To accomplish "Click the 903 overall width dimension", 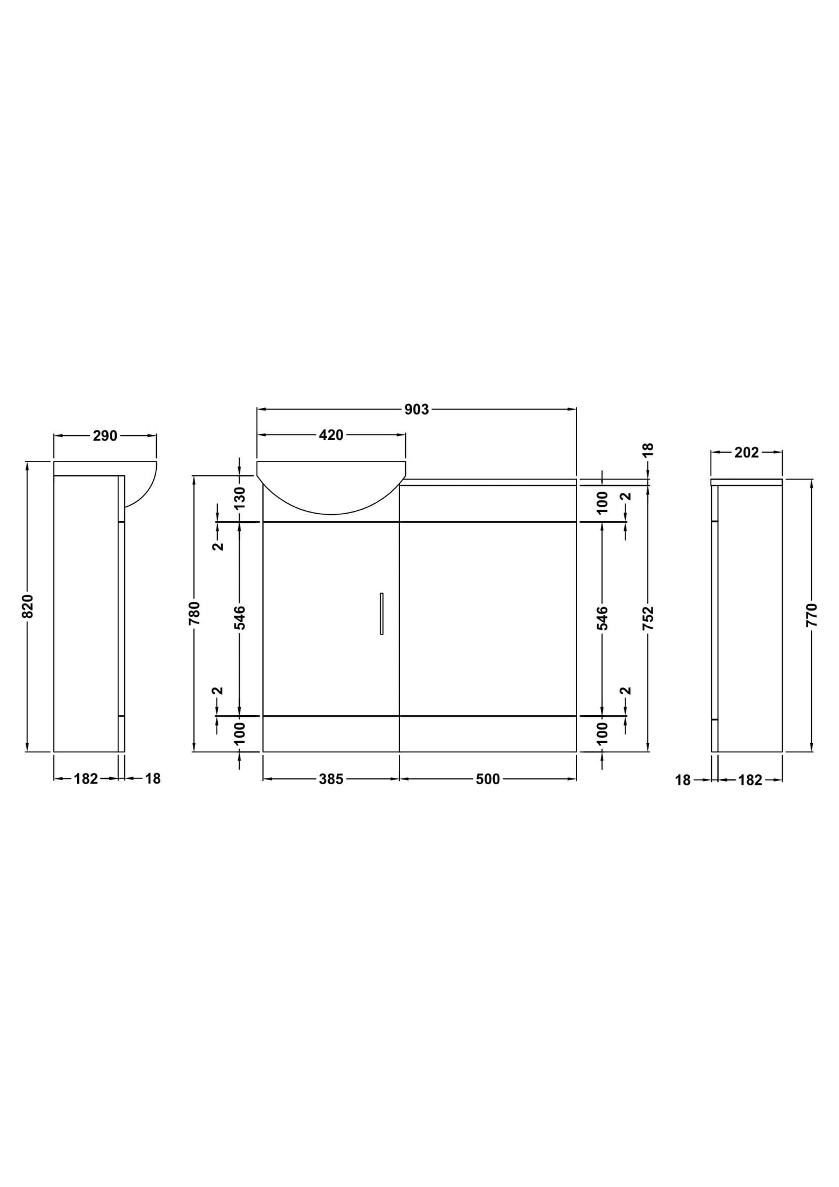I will coord(416,410).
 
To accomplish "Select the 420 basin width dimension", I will coord(331,435).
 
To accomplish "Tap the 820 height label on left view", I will coord(28,606).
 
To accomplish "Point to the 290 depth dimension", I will coord(105,436).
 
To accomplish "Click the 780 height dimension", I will coord(195,613).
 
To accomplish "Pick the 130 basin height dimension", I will coord(240,498).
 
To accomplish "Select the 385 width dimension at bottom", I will coord(331,780).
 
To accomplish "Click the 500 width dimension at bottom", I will coord(488,780).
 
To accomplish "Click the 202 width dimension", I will coord(747,453).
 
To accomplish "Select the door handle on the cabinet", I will coord(381,614).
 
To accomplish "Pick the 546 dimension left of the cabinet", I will coord(240,618).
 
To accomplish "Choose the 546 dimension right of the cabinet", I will coord(602,618).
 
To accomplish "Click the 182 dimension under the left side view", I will coord(86,779).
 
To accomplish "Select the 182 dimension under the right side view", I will coord(750,781).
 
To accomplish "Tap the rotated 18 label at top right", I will coord(649,449).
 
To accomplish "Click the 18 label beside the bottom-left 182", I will coord(153,779).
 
